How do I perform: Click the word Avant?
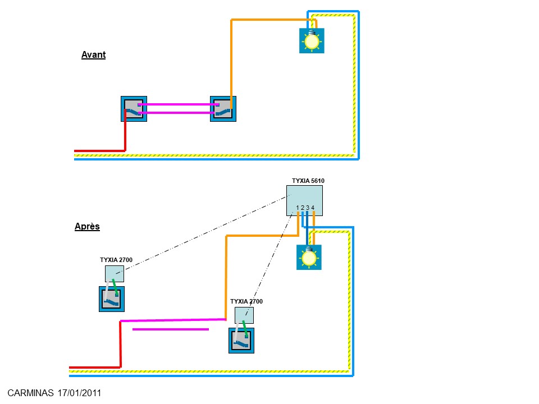93,55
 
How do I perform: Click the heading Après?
87,227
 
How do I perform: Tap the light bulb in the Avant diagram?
312,41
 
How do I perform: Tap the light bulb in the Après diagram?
308,258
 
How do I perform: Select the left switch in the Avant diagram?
133,109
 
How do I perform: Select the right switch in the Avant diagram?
223,109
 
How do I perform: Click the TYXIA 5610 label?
308,181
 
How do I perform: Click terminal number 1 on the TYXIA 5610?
297,208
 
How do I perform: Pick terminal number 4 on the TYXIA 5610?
313,208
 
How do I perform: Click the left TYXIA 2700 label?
116,260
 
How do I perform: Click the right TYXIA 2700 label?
246,301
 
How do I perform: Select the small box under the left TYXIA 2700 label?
114,274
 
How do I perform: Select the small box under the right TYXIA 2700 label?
244,315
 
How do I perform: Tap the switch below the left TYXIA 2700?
111,299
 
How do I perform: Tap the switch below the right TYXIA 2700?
241,341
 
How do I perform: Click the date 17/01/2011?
79,393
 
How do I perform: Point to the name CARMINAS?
31,393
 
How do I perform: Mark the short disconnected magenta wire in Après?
170,329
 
